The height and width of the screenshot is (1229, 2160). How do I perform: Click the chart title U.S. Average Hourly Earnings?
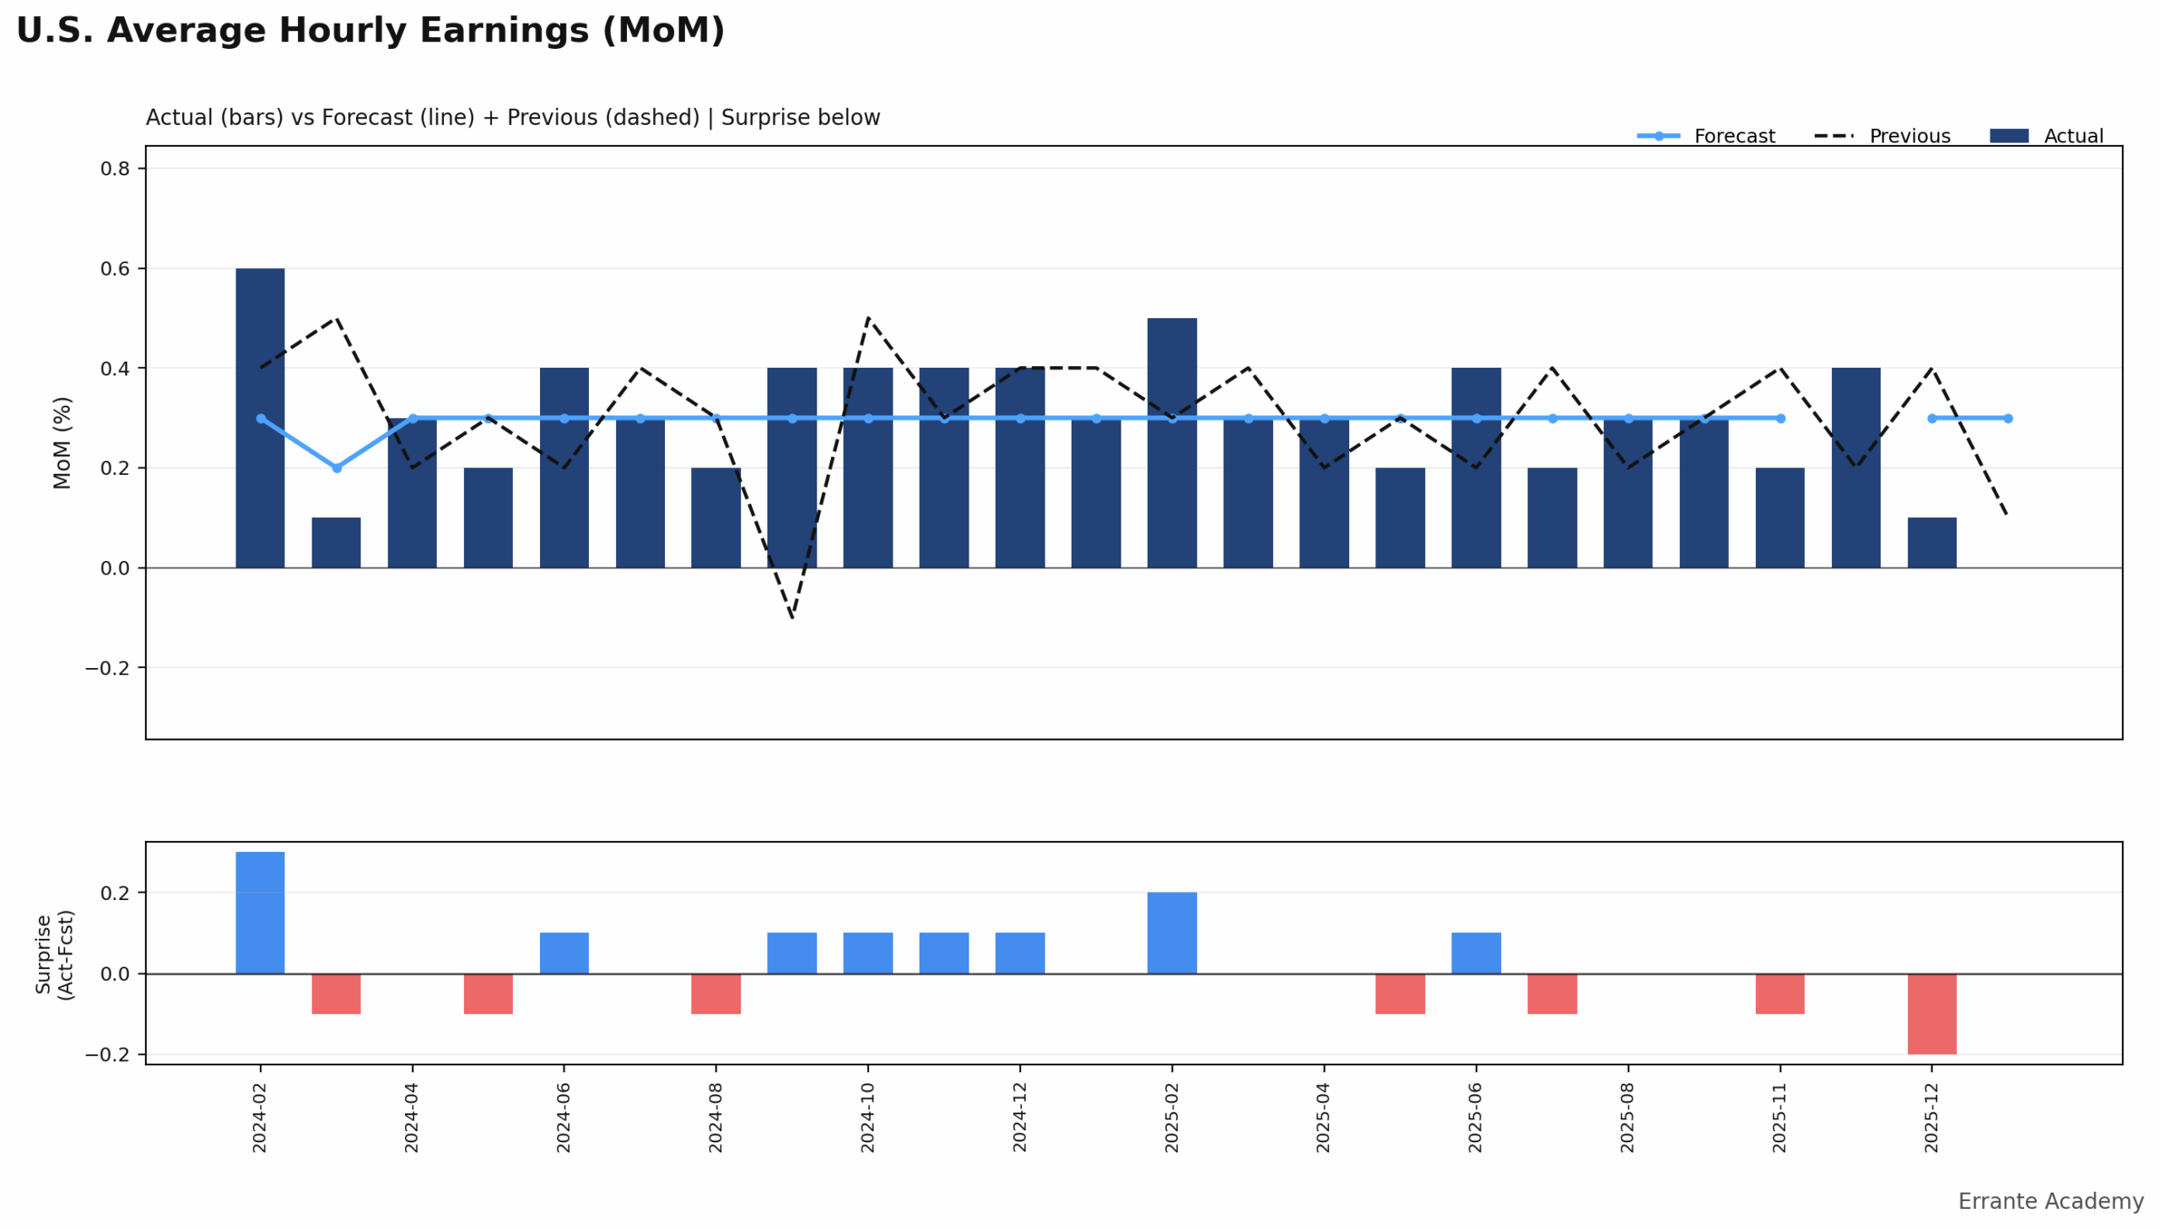tap(370, 31)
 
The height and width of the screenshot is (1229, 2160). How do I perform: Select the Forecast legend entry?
tap(1733, 136)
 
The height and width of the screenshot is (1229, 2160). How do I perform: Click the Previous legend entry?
tap(1909, 136)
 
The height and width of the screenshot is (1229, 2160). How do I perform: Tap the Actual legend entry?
tap(2072, 136)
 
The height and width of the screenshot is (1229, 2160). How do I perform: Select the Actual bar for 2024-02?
tap(260, 418)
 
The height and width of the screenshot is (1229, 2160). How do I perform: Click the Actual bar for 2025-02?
tap(1172, 442)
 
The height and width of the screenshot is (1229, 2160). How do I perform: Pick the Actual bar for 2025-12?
tap(1931, 542)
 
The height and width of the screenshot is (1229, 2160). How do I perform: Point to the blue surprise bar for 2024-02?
tap(260, 913)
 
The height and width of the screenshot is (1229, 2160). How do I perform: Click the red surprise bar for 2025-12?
tap(1931, 1014)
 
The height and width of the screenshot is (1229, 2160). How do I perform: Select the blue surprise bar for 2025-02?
tap(1172, 933)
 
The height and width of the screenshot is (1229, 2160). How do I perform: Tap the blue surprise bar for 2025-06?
tap(1476, 953)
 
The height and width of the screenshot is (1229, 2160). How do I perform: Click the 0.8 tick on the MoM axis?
tap(115, 169)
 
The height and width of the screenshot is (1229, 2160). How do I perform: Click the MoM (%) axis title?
tap(62, 442)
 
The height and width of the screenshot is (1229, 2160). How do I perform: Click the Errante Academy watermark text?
tap(2049, 1201)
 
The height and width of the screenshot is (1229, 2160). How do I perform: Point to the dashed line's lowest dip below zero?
tap(791, 617)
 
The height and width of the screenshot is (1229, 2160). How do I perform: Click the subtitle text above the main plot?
tap(512, 117)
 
